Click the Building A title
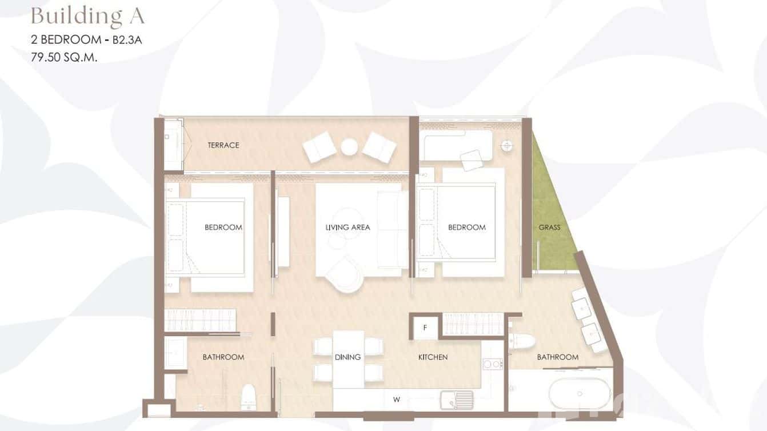87,16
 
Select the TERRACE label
223,145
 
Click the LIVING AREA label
347,227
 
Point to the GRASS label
549,228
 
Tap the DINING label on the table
347,357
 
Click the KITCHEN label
433,357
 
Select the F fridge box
424,328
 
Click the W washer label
396,400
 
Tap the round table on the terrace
349,147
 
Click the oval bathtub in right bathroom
580,393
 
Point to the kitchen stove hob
493,364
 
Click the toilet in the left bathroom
248,396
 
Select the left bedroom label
223,227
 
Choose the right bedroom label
466,227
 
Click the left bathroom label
223,357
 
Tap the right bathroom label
557,357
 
